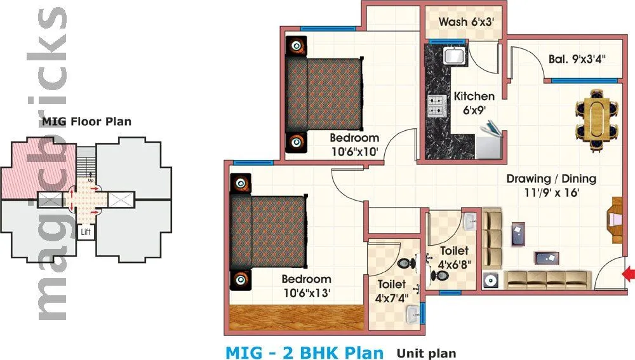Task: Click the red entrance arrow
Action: (x=629, y=274)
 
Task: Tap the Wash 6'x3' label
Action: (x=466, y=22)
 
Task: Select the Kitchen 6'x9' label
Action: (x=474, y=103)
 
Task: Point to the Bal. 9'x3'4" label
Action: (x=577, y=59)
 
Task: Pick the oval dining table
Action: (x=596, y=119)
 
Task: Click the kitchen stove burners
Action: (x=436, y=105)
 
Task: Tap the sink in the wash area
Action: (x=455, y=56)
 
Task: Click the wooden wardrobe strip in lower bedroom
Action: (x=296, y=317)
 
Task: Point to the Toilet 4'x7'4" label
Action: (x=391, y=291)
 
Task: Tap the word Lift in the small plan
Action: (x=86, y=232)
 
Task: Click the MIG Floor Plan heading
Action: (x=86, y=121)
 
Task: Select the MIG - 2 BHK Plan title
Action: (x=305, y=352)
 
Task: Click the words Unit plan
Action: (x=426, y=353)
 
